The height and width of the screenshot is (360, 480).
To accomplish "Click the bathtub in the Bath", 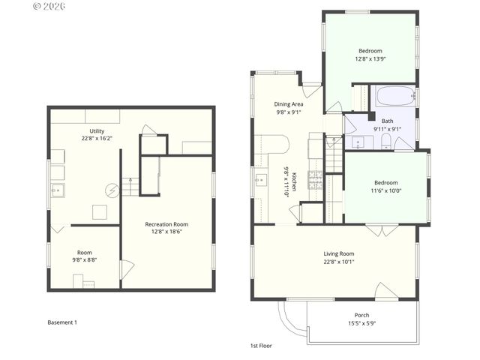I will coord(394,97).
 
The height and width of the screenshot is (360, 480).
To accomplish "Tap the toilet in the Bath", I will coord(384,142).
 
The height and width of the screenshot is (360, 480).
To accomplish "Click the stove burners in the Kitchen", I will coord(315,180).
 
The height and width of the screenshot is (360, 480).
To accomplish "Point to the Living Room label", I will coord(338,253).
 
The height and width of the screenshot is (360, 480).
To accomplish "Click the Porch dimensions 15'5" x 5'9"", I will coord(361,323).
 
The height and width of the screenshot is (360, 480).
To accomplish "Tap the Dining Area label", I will coord(289,104).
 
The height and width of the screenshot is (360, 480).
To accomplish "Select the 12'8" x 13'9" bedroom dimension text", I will coord(371,58).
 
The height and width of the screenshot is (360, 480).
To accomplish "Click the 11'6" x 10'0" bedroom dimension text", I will coord(386,190).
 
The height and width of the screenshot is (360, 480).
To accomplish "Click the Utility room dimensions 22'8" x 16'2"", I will coord(97,139).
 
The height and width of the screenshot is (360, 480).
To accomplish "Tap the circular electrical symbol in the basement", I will coord(112,190).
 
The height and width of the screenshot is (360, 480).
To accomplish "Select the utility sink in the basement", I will coord(58,190).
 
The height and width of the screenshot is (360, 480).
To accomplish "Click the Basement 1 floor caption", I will coord(62,322).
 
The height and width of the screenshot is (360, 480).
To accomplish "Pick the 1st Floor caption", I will coord(261,346).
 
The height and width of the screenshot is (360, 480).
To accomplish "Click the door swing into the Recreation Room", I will coord(127,268).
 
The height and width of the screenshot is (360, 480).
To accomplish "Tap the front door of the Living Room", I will coord(385,289).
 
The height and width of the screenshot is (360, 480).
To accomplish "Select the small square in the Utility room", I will coord(100,212).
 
